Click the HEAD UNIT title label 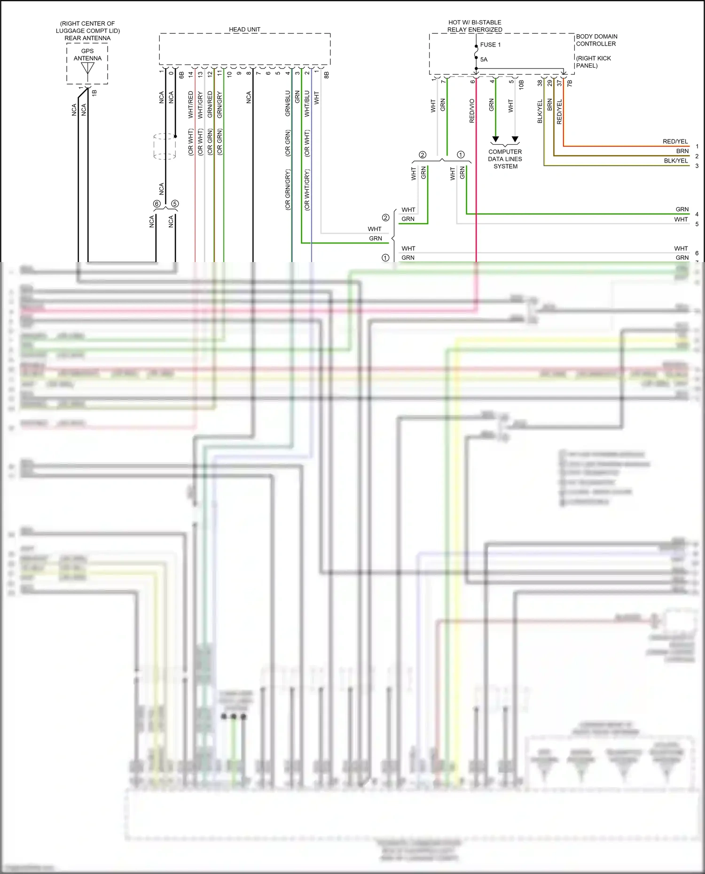click(x=244, y=29)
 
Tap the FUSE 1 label click(x=490, y=45)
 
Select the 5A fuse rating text click(x=484, y=59)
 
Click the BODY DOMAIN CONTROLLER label click(x=596, y=40)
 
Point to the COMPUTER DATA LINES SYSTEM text click(x=505, y=159)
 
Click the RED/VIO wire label click(x=472, y=111)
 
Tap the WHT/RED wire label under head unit click(x=191, y=104)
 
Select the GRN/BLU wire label click(x=288, y=103)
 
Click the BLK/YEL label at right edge click(x=675, y=161)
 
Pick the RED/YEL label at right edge click(x=675, y=141)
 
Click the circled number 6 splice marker click(x=157, y=204)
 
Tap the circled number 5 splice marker click(x=175, y=204)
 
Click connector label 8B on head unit click(x=327, y=74)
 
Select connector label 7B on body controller click(x=570, y=83)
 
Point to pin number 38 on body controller click(x=540, y=83)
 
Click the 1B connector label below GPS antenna click(x=94, y=93)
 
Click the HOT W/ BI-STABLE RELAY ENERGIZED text click(x=475, y=26)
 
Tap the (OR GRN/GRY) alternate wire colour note click(x=288, y=189)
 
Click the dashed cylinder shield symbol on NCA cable click(x=165, y=146)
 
